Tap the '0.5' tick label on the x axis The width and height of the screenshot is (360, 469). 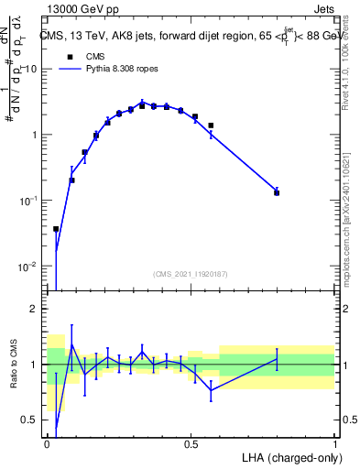pyautogui.click(x=191, y=444)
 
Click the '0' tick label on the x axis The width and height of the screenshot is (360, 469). pyautogui.click(x=48, y=444)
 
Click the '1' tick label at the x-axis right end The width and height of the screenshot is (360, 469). pyautogui.click(x=334, y=444)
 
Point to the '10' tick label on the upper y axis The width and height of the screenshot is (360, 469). pyautogui.click(x=30, y=70)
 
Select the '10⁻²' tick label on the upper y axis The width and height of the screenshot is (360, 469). pyautogui.click(x=27, y=267)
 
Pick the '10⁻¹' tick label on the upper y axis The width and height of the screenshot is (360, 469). pyautogui.click(x=27, y=201)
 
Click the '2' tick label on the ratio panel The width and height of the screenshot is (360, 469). pyautogui.click(x=34, y=309)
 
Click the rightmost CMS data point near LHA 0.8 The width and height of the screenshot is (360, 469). pyautogui.click(x=277, y=193)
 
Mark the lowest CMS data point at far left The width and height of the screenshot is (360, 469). pyautogui.click(x=56, y=229)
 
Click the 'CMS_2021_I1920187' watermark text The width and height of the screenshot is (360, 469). pyautogui.click(x=191, y=274)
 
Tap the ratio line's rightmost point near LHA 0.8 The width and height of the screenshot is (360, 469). pyautogui.click(x=277, y=358)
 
